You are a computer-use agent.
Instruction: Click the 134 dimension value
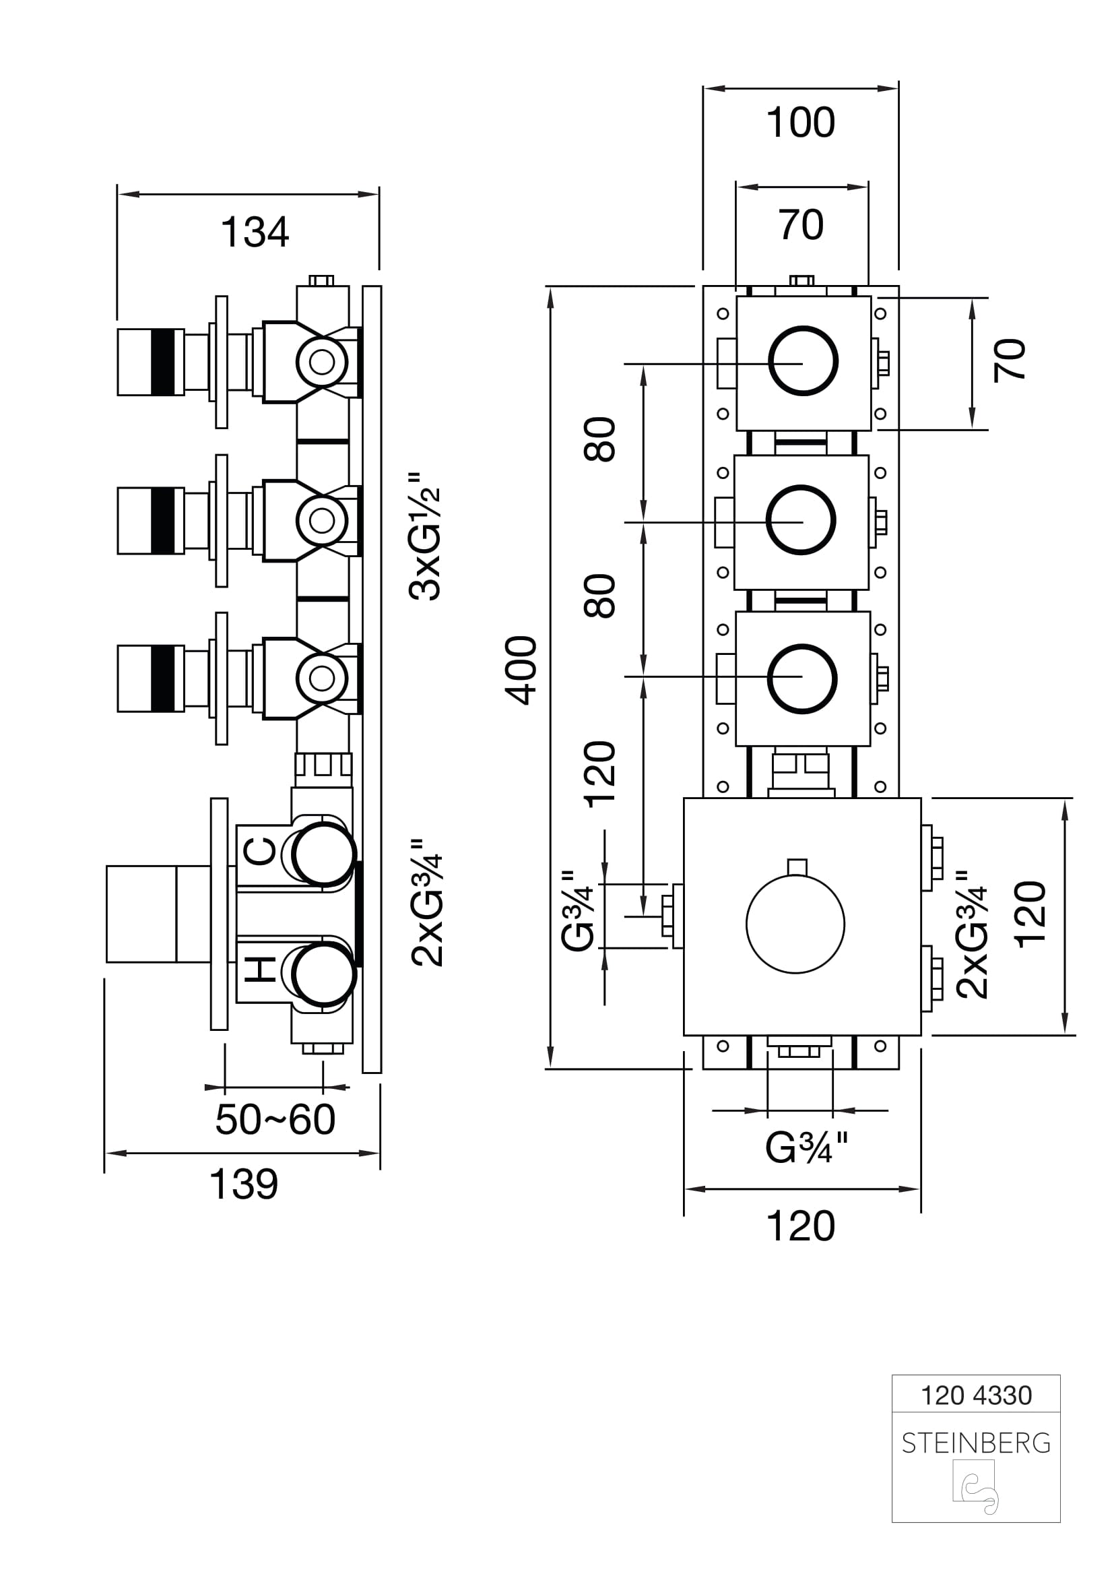[x=255, y=232]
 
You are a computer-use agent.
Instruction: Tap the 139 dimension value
[x=244, y=1184]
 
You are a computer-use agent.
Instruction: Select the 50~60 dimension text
[x=275, y=1120]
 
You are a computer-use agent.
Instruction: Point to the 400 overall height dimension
[x=521, y=670]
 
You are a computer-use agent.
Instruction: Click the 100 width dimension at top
[x=801, y=123]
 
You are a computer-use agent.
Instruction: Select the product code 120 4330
[x=976, y=1395]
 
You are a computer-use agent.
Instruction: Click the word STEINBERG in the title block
[x=976, y=1443]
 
